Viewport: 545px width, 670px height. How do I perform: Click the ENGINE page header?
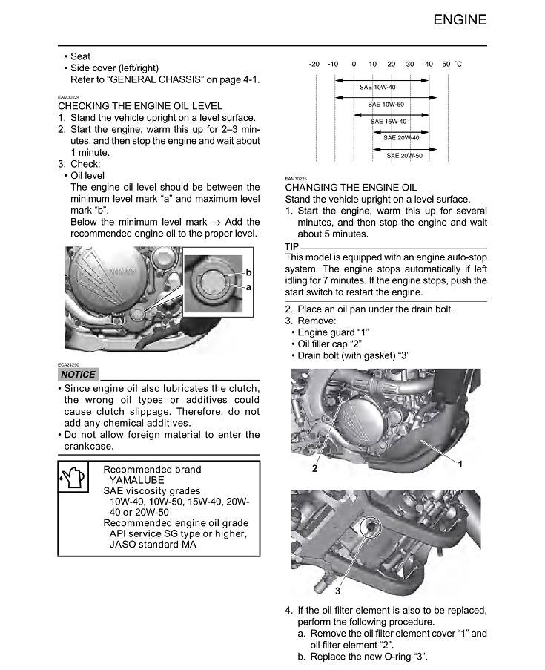point(460,19)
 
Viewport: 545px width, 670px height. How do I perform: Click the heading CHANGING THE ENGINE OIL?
point(351,188)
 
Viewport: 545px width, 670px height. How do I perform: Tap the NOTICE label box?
point(77,375)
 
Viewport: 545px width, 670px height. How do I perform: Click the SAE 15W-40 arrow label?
point(389,121)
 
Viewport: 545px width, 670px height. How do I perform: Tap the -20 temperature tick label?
point(314,65)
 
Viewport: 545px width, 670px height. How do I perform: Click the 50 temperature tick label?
point(446,65)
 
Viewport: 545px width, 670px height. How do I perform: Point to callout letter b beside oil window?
point(248,273)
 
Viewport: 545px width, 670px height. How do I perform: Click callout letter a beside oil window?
point(248,286)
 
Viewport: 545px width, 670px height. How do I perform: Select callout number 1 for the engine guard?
point(460,464)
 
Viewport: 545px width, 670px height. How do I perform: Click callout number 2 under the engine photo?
point(315,469)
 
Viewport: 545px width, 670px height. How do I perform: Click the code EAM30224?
point(69,97)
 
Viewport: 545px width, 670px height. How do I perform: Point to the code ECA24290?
point(69,364)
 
